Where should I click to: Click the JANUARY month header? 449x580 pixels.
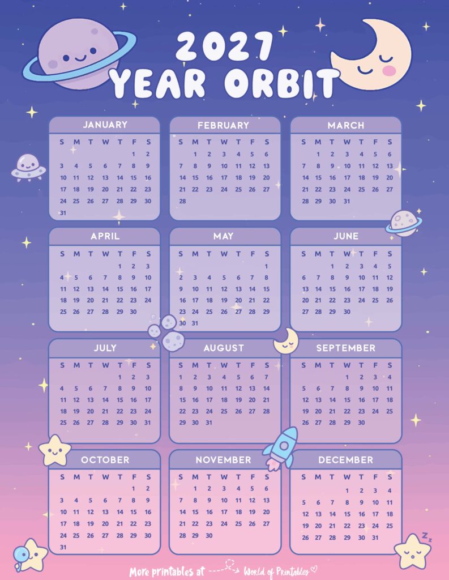click(x=105, y=125)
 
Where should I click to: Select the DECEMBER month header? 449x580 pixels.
click(x=345, y=460)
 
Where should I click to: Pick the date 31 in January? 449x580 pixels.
click(x=62, y=213)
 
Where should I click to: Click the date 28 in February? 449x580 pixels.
click(x=182, y=201)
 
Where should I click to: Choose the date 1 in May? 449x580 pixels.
click(x=266, y=266)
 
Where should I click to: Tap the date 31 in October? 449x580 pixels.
click(x=62, y=548)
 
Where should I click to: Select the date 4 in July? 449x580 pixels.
click(x=62, y=389)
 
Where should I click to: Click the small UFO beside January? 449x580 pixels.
click(x=27, y=167)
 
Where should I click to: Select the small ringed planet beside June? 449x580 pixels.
click(x=404, y=223)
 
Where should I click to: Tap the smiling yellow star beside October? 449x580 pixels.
click(x=55, y=450)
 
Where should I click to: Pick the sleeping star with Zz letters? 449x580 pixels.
click(x=412, y=551)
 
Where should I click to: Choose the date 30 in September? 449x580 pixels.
click(x=361, y=423)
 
